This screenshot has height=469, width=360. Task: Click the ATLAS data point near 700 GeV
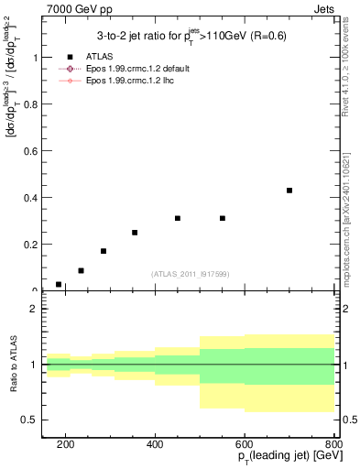[x=289, y=191]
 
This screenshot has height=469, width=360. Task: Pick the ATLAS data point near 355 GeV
[x=135, y=233]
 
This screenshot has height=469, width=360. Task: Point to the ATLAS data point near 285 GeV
[x=104, y=251]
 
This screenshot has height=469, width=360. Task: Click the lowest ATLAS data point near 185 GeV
[x=59, y=285]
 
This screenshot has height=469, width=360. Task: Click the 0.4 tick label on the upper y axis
[x=35, y=197]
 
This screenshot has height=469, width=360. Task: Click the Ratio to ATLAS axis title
[x=13, y=365]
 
